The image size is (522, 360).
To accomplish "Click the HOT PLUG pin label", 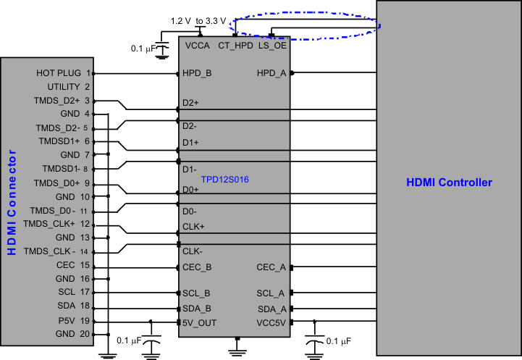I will coord(59,73).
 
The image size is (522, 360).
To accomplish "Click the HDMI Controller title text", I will coord(449,183).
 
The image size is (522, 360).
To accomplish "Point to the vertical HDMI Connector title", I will coord(12,203).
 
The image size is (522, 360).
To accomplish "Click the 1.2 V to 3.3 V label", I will coord(198,20).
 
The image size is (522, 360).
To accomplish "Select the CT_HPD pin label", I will coord(235,45).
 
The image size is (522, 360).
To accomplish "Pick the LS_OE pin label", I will coord(272,45).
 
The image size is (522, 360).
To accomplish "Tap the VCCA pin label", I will coord(198,45).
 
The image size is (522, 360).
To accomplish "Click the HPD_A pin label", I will coord(271,73).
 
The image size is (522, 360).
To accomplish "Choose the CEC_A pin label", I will coord(271,267).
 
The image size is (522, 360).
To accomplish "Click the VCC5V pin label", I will coord(271,322).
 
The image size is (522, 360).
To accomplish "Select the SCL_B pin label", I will coord(197,293).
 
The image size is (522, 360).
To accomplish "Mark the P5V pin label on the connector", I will coord(67,321).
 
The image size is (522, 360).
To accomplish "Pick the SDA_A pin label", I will coord(271,308).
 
